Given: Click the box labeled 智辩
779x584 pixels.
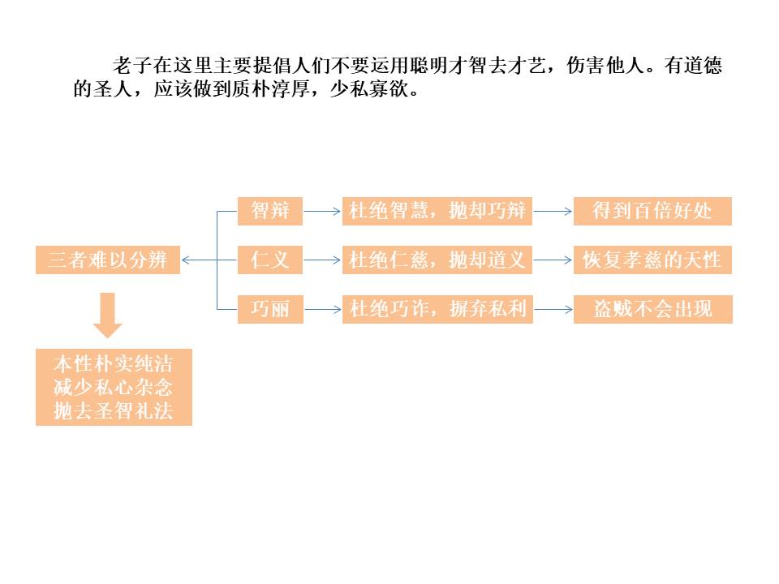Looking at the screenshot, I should tap(270, 212).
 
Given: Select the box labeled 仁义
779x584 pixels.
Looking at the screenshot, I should tap(270, 260).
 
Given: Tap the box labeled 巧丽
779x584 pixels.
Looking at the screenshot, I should tap(270, 309).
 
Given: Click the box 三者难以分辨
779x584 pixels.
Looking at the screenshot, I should tap(108, 260).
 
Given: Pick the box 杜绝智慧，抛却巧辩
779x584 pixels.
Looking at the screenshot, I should tap(437, 212).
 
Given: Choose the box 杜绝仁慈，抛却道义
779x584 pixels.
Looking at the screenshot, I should tap(437, 260).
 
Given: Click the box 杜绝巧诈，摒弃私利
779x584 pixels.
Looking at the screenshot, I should tap(437, 309).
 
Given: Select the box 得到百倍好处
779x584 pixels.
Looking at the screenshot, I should tap(652, 212).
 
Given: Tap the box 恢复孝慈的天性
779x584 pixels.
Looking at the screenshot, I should tap(652, 260).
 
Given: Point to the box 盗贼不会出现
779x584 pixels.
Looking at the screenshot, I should tap(652, 309).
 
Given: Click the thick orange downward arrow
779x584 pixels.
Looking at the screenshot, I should tap(108, 315).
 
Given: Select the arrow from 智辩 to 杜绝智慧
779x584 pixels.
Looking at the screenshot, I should tap(323, 212).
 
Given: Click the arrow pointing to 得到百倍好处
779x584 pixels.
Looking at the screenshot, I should tap(553, 212).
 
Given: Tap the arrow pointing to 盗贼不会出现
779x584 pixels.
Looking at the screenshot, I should tap(553, 309).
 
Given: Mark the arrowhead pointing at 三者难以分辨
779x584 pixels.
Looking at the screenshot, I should tap(186, 260).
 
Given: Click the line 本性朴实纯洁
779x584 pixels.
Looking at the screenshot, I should tap(114, 362).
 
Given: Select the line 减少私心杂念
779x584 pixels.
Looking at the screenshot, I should tap(114, 386).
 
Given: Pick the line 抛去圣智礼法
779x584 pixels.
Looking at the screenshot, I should tap(114, 410).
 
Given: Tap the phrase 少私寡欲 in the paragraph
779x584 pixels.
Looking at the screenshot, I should tap(371, 88).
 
